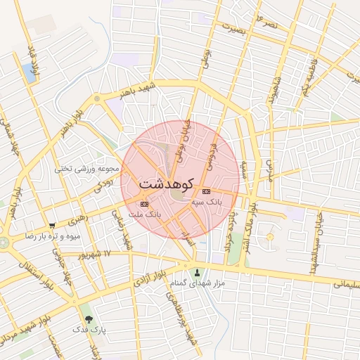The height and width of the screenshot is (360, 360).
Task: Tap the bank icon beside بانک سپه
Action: coord(206,191)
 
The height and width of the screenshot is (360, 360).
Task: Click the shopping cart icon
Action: coord(51,226)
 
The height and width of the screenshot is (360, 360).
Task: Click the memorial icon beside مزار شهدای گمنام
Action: coord(196,273)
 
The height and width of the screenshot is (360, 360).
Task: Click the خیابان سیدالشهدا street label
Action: coord(310,238)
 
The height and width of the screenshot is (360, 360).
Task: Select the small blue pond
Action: coord(29,70)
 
